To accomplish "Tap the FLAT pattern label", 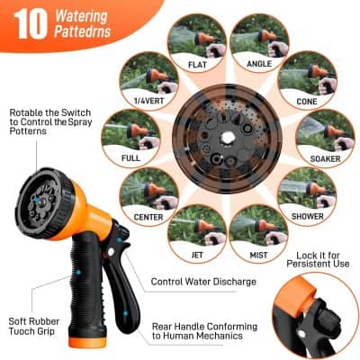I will [196, 65].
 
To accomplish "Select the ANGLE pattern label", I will [259, 65].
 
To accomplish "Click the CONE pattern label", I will [306, 102].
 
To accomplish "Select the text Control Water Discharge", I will [203, 282].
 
